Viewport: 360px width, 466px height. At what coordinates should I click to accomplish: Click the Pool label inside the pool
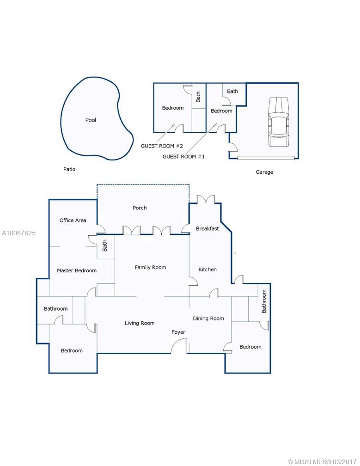91,120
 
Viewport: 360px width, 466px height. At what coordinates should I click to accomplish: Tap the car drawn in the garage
279,122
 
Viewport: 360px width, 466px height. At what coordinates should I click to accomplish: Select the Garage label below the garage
264,172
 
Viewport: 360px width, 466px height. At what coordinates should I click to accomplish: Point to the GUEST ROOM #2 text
162,146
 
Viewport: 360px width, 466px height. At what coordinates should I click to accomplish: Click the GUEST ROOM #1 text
183,157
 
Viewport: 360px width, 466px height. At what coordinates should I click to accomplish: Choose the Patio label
69,169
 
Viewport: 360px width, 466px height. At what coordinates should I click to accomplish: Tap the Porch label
140,208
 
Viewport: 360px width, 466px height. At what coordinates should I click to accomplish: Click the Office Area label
73,220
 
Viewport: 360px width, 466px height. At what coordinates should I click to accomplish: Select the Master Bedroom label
77,270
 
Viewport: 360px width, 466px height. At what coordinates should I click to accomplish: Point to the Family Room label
150,268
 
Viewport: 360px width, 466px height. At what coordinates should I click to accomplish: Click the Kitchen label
207,270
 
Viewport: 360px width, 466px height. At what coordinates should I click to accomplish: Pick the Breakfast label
207,228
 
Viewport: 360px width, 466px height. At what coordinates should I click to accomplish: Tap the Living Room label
140,323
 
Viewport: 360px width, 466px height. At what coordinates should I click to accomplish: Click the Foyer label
178,332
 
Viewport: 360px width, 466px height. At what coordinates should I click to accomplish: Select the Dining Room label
208,319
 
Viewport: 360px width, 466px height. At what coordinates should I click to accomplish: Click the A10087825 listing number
18,233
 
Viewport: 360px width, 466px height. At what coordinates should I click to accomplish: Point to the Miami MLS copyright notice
322,462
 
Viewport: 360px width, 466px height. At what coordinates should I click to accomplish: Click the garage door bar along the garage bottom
266,158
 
